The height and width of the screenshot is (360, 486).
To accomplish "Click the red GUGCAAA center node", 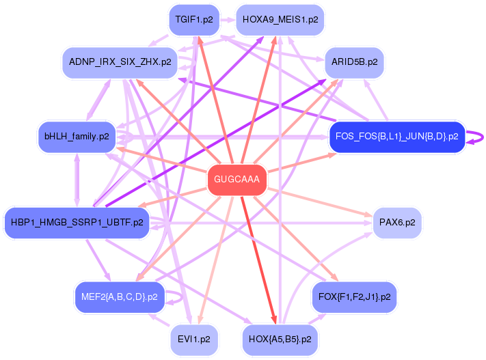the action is click(237, 180).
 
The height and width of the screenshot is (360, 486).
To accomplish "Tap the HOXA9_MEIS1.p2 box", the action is click(280, 20).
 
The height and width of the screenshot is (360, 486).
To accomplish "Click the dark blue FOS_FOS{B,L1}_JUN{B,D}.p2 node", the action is click(397, 137).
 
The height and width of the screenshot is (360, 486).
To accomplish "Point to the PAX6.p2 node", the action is click(397, 223).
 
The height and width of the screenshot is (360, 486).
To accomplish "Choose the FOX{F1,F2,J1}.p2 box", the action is click(354, 297).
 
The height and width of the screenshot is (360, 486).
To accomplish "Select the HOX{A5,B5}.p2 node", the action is click(280, 338).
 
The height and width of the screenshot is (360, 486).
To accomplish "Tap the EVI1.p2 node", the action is click(195, 338).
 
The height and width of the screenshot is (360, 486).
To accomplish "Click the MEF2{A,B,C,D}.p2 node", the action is click(119, 297).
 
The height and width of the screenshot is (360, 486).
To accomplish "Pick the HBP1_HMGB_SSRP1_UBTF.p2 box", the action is click(77, 223).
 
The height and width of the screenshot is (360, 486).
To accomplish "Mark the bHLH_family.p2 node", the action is click(77, 137).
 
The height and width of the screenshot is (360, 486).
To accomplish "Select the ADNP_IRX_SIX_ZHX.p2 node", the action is click(119, 61).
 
